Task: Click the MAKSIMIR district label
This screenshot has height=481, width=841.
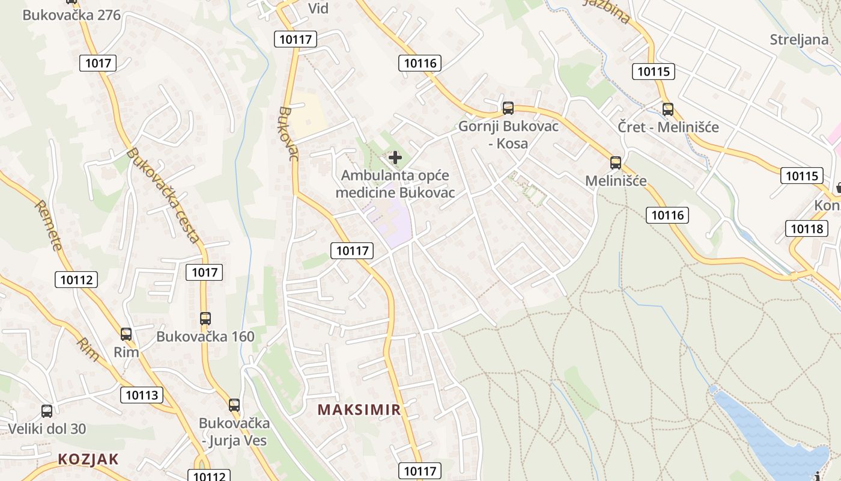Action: coord(359,410)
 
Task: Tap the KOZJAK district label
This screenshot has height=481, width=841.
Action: coord(88,459)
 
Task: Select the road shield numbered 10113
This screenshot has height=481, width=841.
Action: coord(142,395)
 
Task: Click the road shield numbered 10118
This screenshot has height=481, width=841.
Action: coord(806,228)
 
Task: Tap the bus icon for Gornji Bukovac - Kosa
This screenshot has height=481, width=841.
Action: coord(508,108)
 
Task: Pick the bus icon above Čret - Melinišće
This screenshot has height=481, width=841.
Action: coord(668,109)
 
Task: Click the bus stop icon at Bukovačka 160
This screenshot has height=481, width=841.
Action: coord(205,319)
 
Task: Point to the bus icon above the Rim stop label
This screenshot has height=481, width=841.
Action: coord(126,334)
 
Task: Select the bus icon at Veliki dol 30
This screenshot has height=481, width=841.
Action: coord(47,411)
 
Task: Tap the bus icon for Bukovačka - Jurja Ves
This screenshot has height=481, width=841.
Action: coord(234,405)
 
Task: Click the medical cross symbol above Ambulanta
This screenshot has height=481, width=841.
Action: coord(395,158)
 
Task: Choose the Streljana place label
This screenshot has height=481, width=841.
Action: coord(799,40)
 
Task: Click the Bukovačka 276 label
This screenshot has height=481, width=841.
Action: coord(71,15)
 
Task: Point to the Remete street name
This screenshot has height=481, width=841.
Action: coord(49,225)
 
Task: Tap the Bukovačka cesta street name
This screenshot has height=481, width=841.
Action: coord(163,195)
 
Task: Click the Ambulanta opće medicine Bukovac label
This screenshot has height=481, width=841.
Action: coord(395,184)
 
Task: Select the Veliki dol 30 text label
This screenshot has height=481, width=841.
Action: coord(47,429)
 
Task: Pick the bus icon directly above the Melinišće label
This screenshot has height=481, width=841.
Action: coord(615,162)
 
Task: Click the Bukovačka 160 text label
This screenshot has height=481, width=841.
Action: coord(205,337)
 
